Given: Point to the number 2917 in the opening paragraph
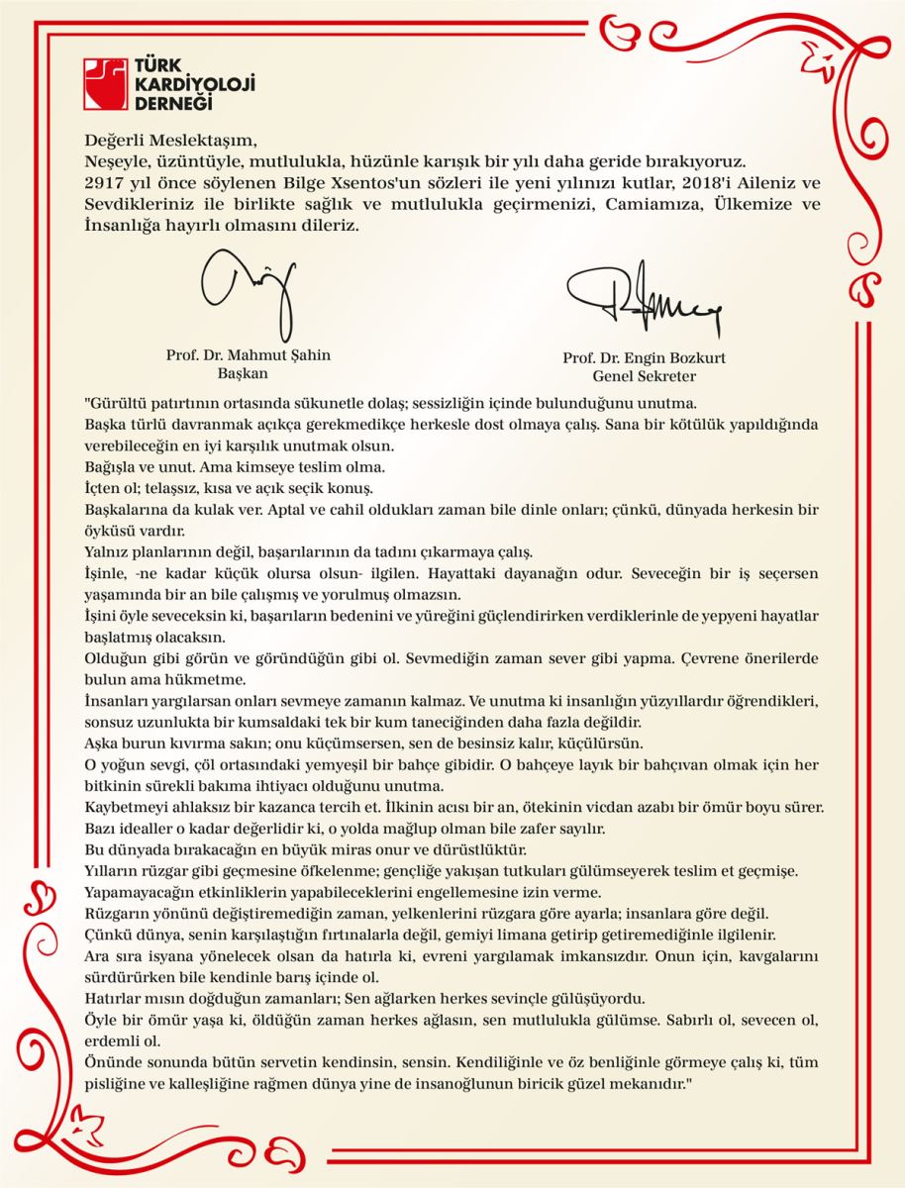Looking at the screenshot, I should [105, 184].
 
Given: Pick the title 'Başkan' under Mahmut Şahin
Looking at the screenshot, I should [243, 374].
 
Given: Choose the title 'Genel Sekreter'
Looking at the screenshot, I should [644, 376].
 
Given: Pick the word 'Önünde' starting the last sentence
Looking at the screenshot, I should [111, 1061].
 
